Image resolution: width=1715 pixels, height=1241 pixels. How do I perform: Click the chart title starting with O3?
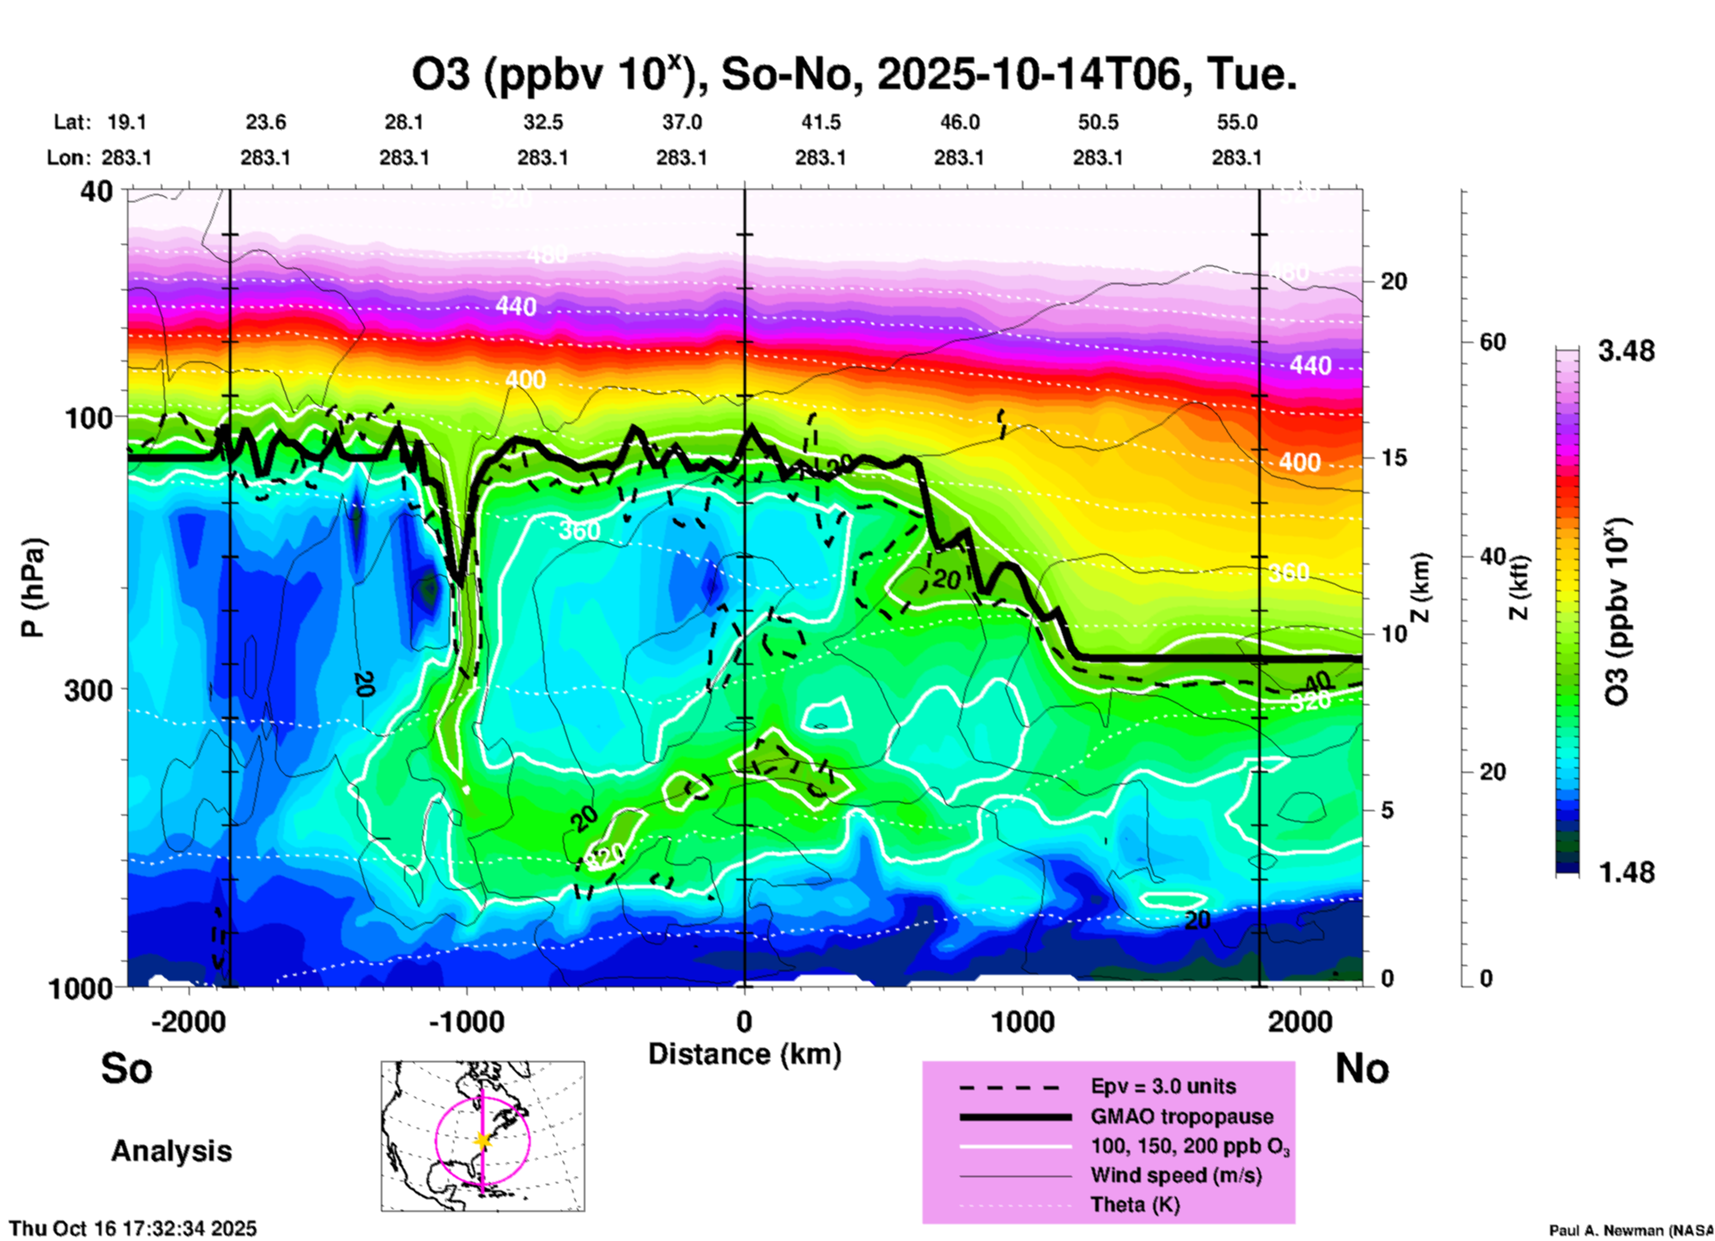point(853,74)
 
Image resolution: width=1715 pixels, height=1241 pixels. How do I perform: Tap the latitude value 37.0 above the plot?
point(681,122)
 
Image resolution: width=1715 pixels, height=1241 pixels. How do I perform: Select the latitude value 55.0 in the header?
point(1237,122)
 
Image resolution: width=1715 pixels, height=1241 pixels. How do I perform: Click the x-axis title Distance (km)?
point(744,1054)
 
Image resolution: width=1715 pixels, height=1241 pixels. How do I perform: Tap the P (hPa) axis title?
point(33,588)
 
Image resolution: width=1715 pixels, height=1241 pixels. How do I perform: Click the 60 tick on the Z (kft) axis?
point(1492,342)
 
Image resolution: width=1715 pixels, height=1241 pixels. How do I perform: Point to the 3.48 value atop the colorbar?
point(1626,351)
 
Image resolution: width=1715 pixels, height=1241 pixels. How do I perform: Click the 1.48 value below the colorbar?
point(1626,872)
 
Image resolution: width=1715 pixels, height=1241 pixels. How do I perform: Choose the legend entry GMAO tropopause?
point(1182,1116)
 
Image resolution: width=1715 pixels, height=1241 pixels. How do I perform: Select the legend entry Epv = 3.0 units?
point(1163,1086)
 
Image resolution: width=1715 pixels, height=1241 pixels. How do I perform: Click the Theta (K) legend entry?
point(1134,1204)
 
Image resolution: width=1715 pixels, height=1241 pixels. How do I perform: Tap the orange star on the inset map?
point(483,1140)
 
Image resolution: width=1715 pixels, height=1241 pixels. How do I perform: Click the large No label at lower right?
point(1361,1068)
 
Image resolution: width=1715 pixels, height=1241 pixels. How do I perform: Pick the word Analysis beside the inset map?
point(171,1151)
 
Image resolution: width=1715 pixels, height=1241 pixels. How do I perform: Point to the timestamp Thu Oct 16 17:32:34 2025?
point(133,1229)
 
